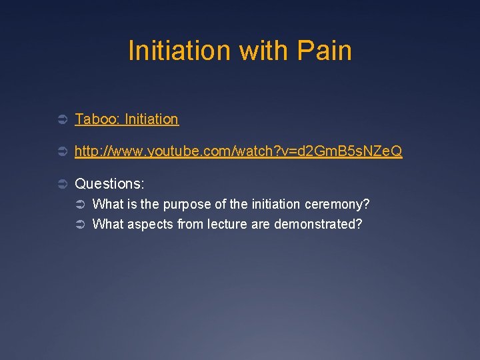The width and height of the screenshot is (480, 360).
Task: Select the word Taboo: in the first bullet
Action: click(97, 119)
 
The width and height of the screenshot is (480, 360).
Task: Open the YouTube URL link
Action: click(238, 151)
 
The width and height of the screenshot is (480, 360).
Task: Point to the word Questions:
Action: click(109, 183)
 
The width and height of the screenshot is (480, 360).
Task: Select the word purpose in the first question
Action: click(175, 204)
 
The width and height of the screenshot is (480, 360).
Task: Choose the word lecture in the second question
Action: click(227, 225)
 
